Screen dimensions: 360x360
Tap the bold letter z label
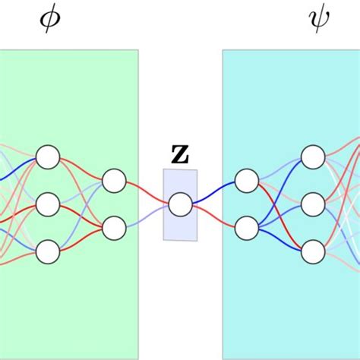pyautogui.click(x=180, y=154)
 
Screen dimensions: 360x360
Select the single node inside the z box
pyautogui.click(x=180, y=204)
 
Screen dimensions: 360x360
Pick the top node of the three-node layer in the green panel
pyautogui.click(x=47, y=157)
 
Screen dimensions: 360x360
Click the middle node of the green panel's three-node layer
pyautogui.click(x=47, y=204)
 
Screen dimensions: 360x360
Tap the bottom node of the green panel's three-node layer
pyautogui.click(x=47, y=251)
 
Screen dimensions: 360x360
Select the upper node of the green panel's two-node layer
pyautogui.click(x=114, y=181)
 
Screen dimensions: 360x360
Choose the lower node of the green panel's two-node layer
pyautogui.click(x=114, y=227)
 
